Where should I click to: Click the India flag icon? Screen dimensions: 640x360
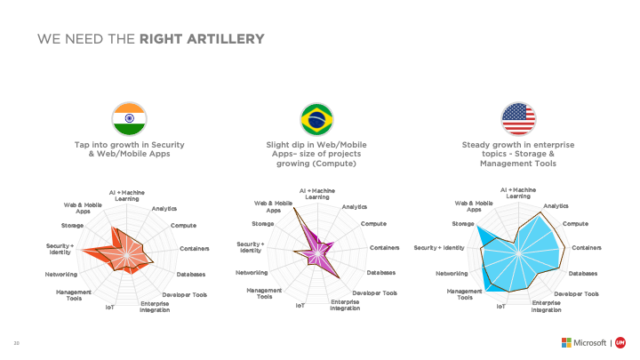point(129,117)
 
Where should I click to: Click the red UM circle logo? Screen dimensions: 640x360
point(621,343)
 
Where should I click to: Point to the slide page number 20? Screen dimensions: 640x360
point(15,343)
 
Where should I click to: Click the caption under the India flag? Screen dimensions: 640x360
point(129,148)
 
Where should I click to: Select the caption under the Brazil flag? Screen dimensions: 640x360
point(316,153)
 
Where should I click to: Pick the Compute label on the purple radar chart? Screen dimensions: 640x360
point(373,223)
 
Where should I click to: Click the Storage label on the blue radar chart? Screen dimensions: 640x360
point(462,224)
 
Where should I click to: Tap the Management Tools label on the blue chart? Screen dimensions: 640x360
point(465,294)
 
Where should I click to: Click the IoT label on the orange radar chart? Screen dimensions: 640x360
point(109,307)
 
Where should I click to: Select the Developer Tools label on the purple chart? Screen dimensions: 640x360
point(374,292)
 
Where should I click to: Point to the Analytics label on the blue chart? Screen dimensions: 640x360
point(556,206)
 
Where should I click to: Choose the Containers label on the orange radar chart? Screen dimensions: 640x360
point(195,248)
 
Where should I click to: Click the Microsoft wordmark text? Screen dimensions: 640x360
point(589,343)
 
